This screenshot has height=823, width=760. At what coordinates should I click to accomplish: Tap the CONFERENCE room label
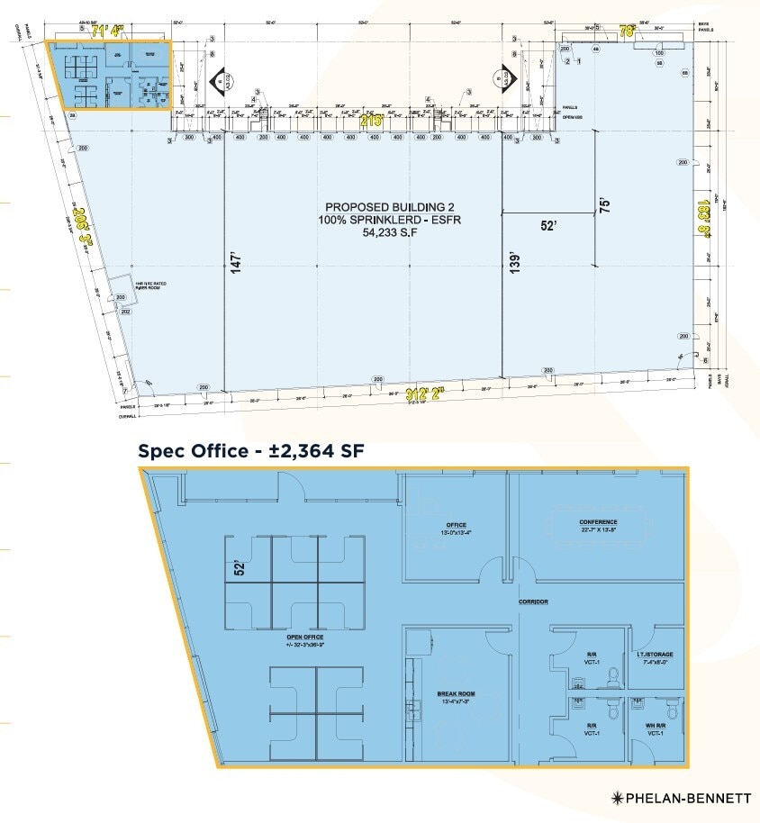pos(598,522)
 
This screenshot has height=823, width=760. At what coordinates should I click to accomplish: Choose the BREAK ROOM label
pos(456,693)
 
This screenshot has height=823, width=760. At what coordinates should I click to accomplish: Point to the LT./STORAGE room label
pos(654,655)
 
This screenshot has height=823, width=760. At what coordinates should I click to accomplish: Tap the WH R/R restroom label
pos(654,726)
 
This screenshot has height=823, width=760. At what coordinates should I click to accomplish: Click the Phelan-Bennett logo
pos(680,798)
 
